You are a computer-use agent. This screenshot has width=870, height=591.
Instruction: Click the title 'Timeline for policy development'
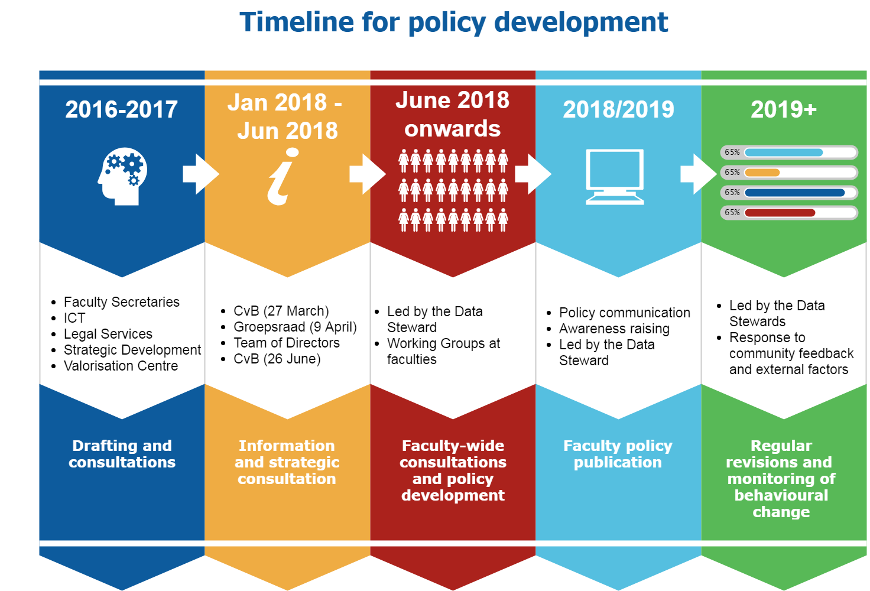click(x=454, y=22)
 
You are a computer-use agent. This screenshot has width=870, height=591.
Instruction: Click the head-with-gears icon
click(x=122, y=176)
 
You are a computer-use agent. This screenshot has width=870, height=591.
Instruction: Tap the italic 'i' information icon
click(x=283, y=176)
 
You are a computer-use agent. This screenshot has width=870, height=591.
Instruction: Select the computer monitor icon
click(x=615, y=177)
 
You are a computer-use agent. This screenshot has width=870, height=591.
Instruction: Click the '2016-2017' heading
click(x=122, y=109)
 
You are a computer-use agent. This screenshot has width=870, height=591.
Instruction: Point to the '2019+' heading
click(x=783, y=109)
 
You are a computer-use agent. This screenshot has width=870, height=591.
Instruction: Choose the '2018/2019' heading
click(x=618, y=109)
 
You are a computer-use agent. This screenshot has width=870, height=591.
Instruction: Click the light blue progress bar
click(x=784, y=152)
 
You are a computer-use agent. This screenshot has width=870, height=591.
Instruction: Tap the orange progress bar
click(x=762, y=173)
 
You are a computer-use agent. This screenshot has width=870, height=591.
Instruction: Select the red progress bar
click(x=780, y=212)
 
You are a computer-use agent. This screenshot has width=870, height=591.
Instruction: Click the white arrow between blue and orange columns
click(x=201, y=174)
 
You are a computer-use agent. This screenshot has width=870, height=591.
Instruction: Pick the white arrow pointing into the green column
click(x=699, y=174)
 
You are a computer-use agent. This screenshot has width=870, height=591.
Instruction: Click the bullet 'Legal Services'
click(x=108, y=334)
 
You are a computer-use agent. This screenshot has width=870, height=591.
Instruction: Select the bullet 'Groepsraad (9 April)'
click(x=295, y=327)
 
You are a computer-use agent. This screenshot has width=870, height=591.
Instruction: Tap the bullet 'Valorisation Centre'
click(x=121, y=366)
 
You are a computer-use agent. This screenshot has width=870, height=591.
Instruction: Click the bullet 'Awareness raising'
click(x=615, y=329)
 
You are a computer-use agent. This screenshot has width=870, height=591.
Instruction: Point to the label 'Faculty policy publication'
click(x=618, y=454)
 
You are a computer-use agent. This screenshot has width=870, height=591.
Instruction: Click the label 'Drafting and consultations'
click(x=122, y=454)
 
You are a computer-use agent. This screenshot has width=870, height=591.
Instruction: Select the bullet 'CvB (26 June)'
click(x=277, y=359)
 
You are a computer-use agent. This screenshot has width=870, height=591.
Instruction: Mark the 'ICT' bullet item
click(x=74, y=318)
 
